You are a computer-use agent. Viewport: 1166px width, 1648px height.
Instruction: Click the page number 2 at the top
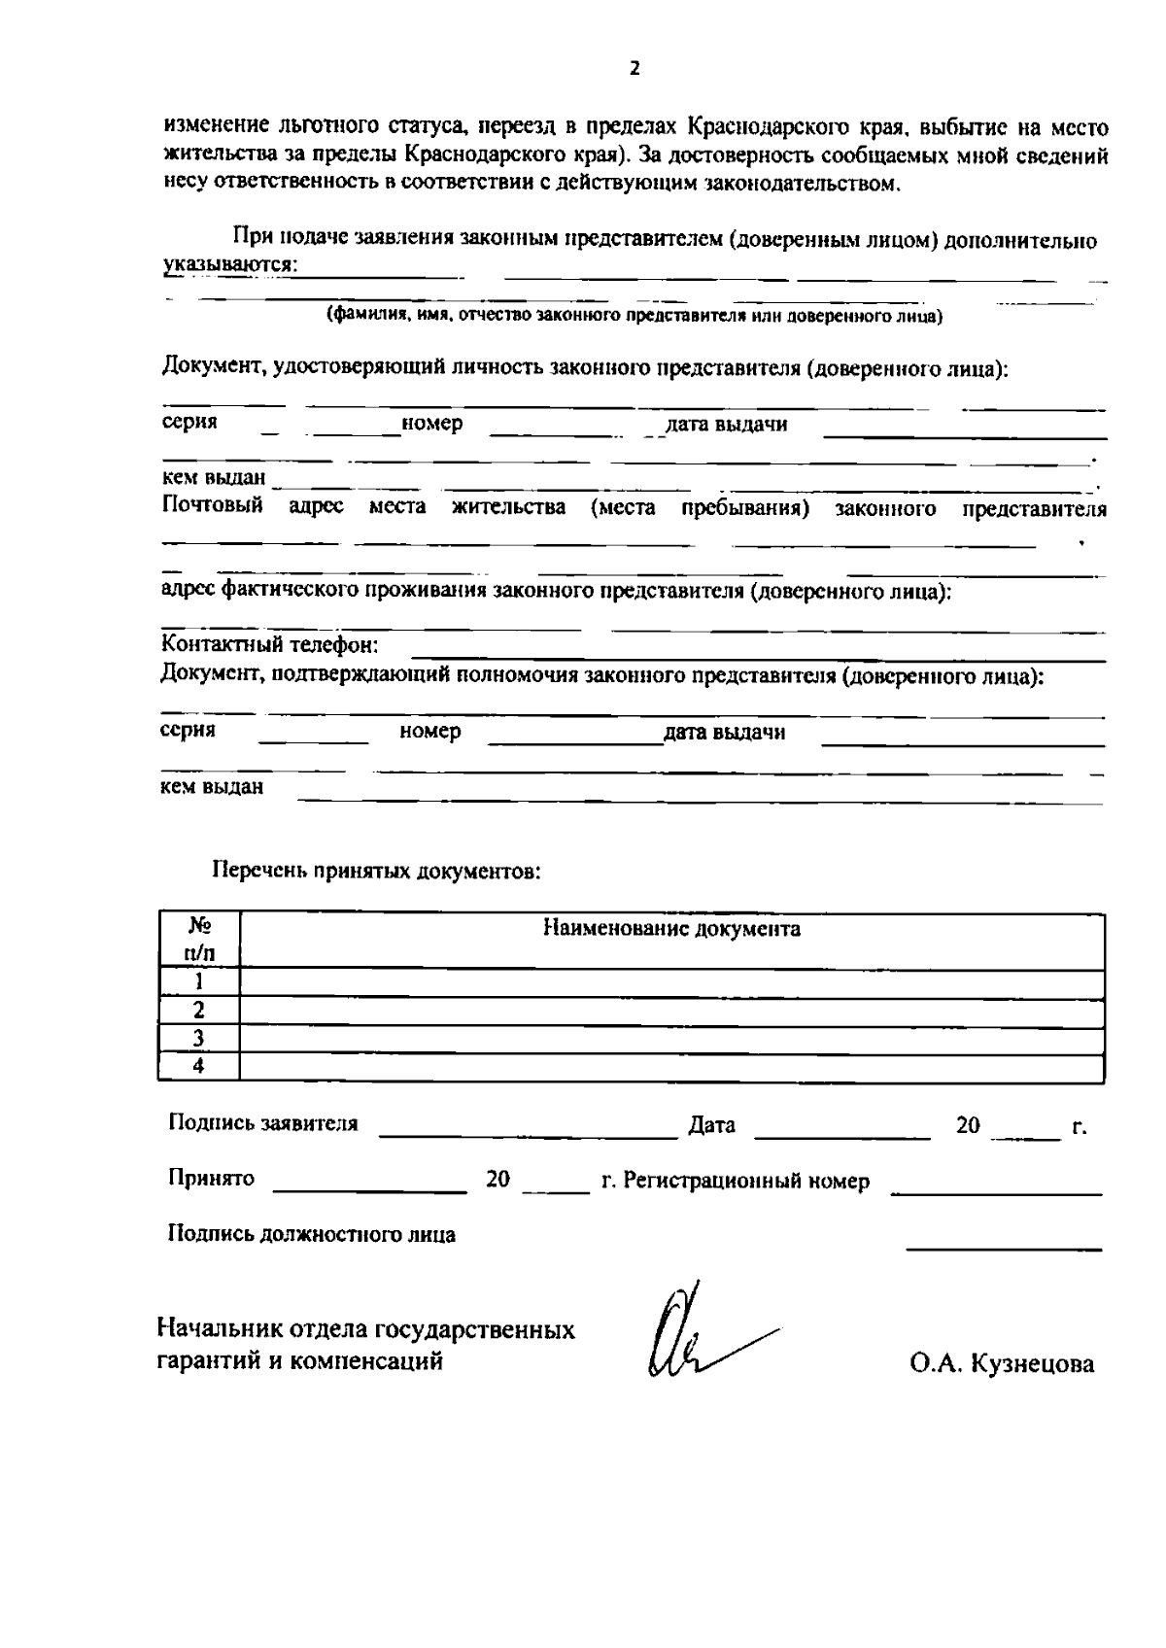pyautogui.click(x=634, y=69)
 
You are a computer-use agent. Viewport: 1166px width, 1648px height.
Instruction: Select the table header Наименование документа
pyautogui.click(x=671, y=929)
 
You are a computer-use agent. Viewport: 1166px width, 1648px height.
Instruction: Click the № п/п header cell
pyautogui.click(x=198, y=940)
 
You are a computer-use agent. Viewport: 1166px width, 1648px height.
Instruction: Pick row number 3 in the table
pyautogui.click(x=198, y=1039)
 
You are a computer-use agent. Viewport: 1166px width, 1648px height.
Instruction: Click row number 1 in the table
pyautogui.click(x=198, y=982)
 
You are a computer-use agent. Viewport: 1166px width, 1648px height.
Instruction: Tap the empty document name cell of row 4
pyautogui.click(x=670, y=1067)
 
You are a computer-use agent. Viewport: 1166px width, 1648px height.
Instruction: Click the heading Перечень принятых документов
pyautogui.click(x=376, y=872)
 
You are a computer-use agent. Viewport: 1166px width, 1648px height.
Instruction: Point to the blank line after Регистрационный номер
pyautogui.click(x=996, y=1190)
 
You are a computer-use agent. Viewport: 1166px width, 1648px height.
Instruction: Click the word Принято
pyautogui.click(x=211, y=1179)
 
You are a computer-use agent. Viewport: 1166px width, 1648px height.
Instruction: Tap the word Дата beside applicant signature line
pyautogui.click(x=711, y=1125)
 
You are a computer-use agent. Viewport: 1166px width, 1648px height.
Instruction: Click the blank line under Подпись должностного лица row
pyautogui.click(x=1004, y=1246)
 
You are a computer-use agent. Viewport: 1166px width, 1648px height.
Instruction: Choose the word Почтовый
pyautogui.click(x=212, y=507)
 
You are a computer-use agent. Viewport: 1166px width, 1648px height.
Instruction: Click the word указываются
pyautogui.click(x=228, y=265)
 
